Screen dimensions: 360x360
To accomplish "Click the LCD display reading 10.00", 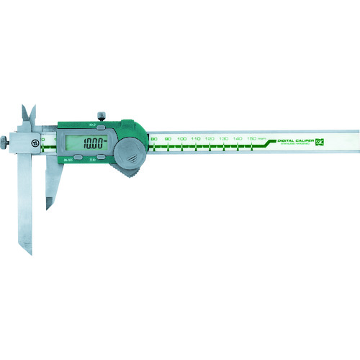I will coord(90,143).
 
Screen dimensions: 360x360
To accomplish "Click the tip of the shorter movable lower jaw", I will coord(49,207).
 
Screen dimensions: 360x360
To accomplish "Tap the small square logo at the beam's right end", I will coord(332,130).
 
